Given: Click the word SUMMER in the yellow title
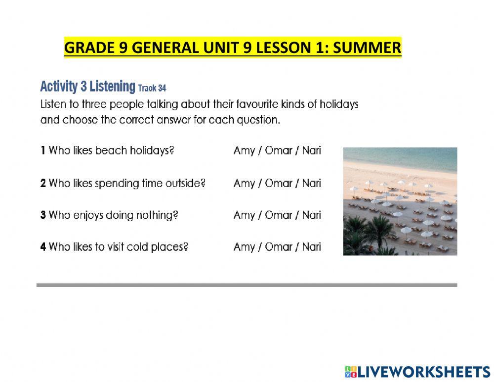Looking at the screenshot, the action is pos(367,48).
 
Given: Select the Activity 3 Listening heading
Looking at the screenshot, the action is pos(87,87).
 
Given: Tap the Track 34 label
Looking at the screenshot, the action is pos(152,88).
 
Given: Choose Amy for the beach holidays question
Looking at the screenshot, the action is pos(244,151).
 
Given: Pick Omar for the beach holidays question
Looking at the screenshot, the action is pos(279,150).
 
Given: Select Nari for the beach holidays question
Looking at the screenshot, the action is pos(312,150).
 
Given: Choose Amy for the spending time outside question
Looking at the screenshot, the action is pos(244,184).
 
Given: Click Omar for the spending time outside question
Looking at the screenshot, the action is pos(279,184).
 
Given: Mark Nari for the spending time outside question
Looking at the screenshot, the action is pos(312,184).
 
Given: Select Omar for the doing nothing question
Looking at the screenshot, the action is pos(279,215).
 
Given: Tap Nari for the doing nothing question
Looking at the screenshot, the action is pos(312,215).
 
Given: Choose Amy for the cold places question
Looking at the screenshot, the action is pos(244,247).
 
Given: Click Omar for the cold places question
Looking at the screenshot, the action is pos(279,247).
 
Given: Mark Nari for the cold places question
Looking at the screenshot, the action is pos(312,247).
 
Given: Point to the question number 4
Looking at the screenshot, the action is pos(43,247).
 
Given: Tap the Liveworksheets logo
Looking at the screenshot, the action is pos(417,372).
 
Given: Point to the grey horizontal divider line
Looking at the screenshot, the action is pos(247,285).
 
